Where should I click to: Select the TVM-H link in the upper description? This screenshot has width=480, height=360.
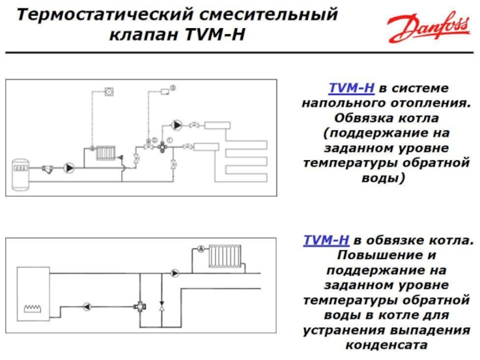pos(352,88)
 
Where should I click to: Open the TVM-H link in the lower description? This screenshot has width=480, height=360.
pos(326,240)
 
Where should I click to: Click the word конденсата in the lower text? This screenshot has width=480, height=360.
pos(386,346)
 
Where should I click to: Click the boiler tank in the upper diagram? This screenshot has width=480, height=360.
pos(20,175)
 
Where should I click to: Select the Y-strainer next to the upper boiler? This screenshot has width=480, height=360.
pos(47,169)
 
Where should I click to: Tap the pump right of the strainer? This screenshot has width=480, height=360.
pos(69,168)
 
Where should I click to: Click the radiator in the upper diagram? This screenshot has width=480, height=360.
pos(106,153)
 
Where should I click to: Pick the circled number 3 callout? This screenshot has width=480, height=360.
pos(173,88)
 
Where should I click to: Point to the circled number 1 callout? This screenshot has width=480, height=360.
pos(170,140)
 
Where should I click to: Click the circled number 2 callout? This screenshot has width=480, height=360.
pos(155,140)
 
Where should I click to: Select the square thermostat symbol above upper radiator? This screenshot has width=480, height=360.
pos(109,91)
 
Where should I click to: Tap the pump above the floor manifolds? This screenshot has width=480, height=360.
pos(176,125)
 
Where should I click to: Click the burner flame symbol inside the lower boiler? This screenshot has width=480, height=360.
pos(32,308)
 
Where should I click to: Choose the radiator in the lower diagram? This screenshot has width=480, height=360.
pos(225,257)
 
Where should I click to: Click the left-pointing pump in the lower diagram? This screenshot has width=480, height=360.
pos(87,307)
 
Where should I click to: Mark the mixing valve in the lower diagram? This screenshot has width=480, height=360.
pos(140,307)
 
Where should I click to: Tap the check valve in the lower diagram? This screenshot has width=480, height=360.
pos(162,307)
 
